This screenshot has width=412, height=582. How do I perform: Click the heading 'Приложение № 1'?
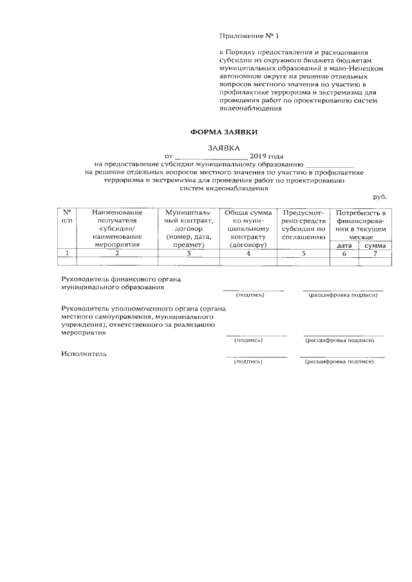tap(250, 35)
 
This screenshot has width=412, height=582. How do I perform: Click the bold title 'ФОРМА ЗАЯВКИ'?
tap(223, 131)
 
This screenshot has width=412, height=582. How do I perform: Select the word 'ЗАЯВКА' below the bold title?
tap(223, 147)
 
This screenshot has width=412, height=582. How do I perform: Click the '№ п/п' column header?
tap(66, 217)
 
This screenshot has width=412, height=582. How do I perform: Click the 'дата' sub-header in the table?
tap(344, 245)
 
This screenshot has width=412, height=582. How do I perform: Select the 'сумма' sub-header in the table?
tap(374, 245)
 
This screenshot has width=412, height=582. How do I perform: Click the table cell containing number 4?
tap(248, 253)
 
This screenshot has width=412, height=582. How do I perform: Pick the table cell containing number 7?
tap(374, 253)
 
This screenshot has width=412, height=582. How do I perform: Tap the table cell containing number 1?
tap(66, 253)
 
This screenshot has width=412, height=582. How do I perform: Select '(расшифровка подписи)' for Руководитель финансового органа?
tap(342, 295)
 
